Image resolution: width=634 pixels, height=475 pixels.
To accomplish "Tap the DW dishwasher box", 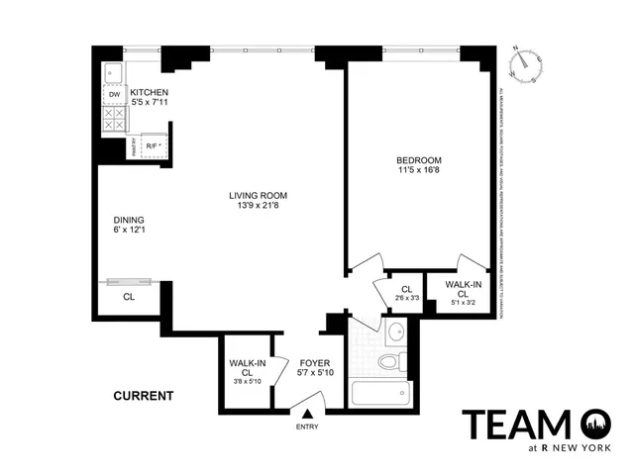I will [114, 95].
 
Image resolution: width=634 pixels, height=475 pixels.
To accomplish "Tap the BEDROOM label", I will [419, 160].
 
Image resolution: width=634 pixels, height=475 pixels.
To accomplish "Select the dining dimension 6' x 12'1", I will [129, 232].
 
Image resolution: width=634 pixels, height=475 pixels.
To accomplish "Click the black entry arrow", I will [308, 414].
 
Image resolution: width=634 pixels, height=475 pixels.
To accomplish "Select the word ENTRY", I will [308, 427].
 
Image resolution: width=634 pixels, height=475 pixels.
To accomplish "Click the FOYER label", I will [314, 363].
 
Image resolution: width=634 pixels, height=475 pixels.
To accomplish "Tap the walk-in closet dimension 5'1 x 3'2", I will [464, 301].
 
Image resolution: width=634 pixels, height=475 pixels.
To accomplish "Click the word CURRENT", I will [143, 396].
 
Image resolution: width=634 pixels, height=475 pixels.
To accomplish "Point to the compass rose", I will [524, 63].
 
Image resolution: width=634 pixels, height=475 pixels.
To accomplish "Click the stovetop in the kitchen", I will [114, 120].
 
